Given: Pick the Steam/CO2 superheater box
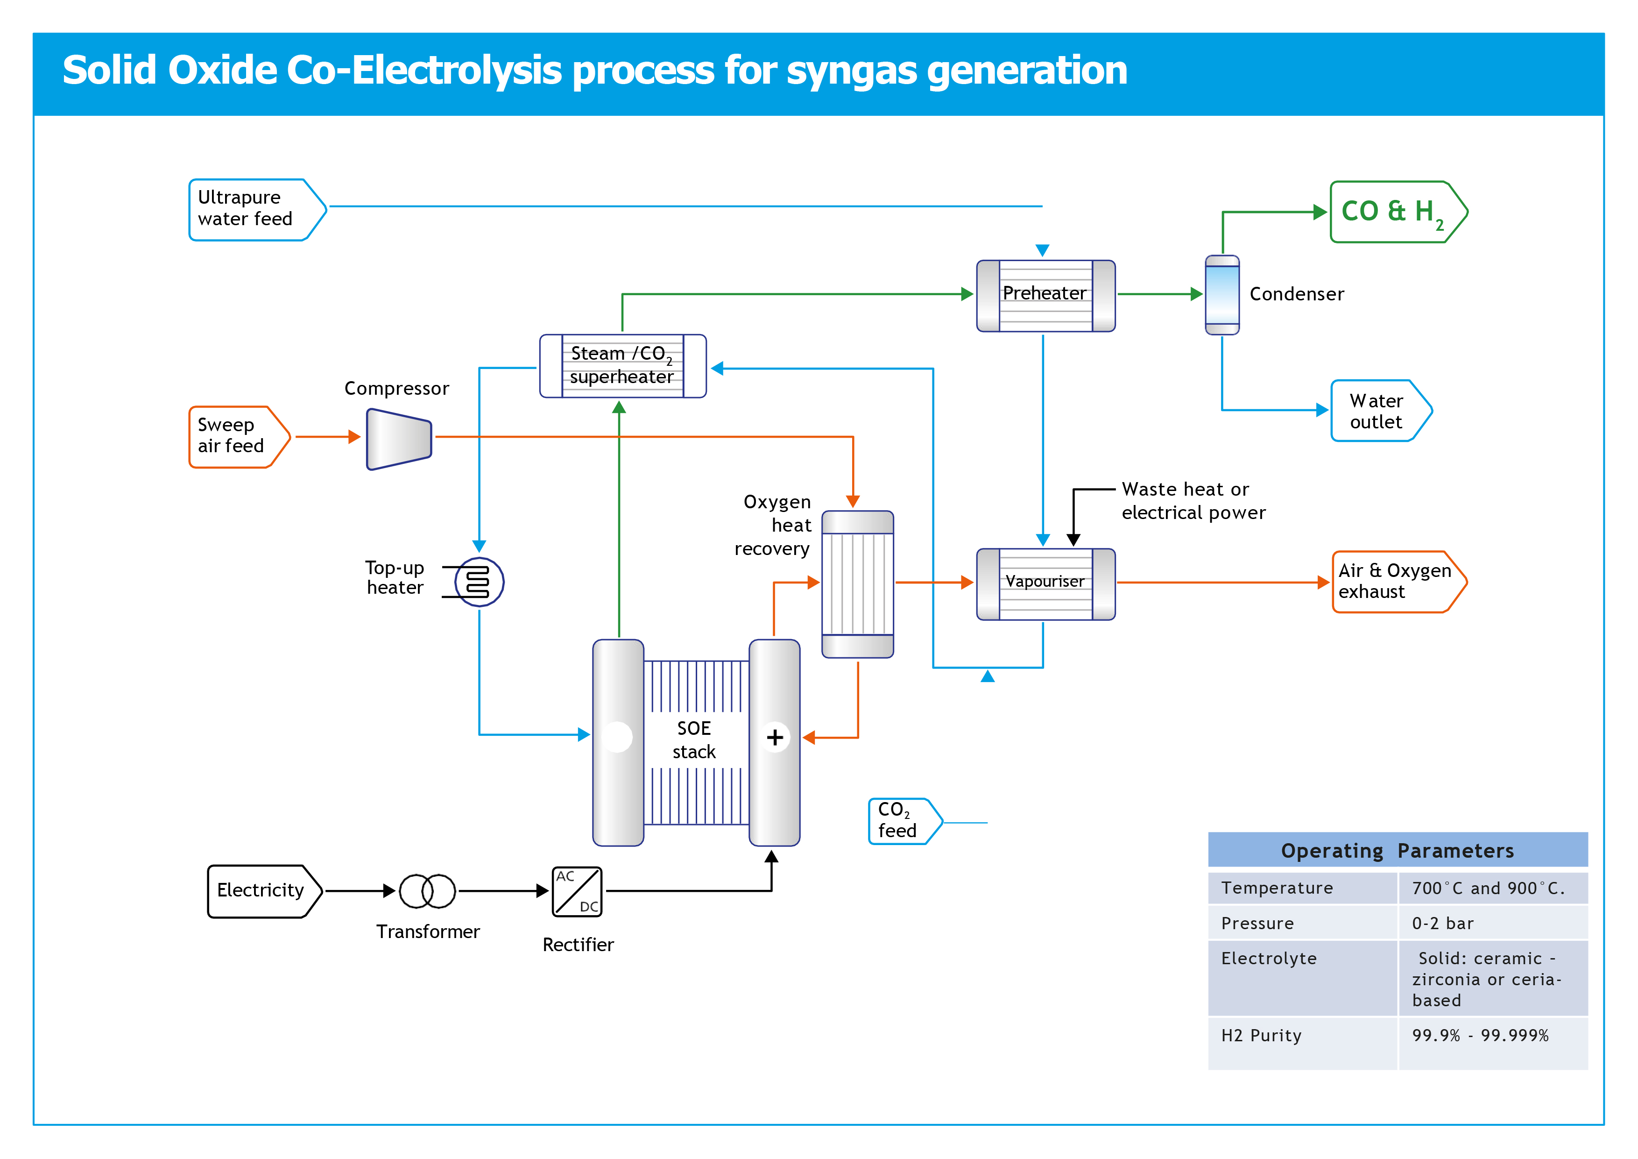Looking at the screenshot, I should coord(622,365).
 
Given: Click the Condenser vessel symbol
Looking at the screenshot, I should coord(1221,295).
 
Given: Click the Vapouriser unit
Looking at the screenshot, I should coord(1045,583).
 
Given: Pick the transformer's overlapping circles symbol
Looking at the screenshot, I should coord(427,891).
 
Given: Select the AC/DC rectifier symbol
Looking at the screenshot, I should coord(577,891).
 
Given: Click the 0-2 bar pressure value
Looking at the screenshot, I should coord(1442,924).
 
